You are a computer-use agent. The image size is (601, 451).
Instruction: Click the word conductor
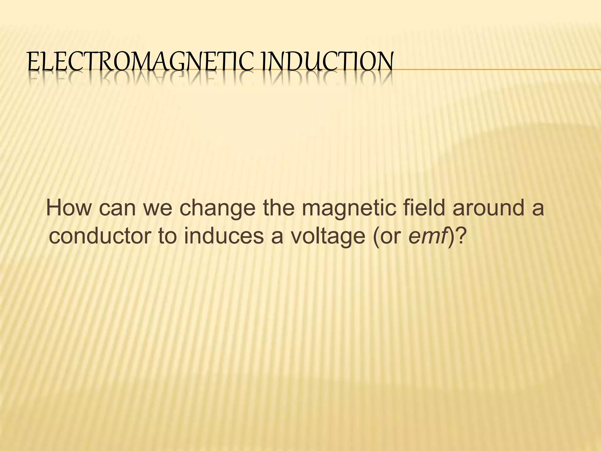pos(100,237)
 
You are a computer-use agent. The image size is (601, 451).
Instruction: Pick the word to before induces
pos(168,237)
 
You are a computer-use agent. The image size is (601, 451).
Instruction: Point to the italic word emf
pos(428,236)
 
